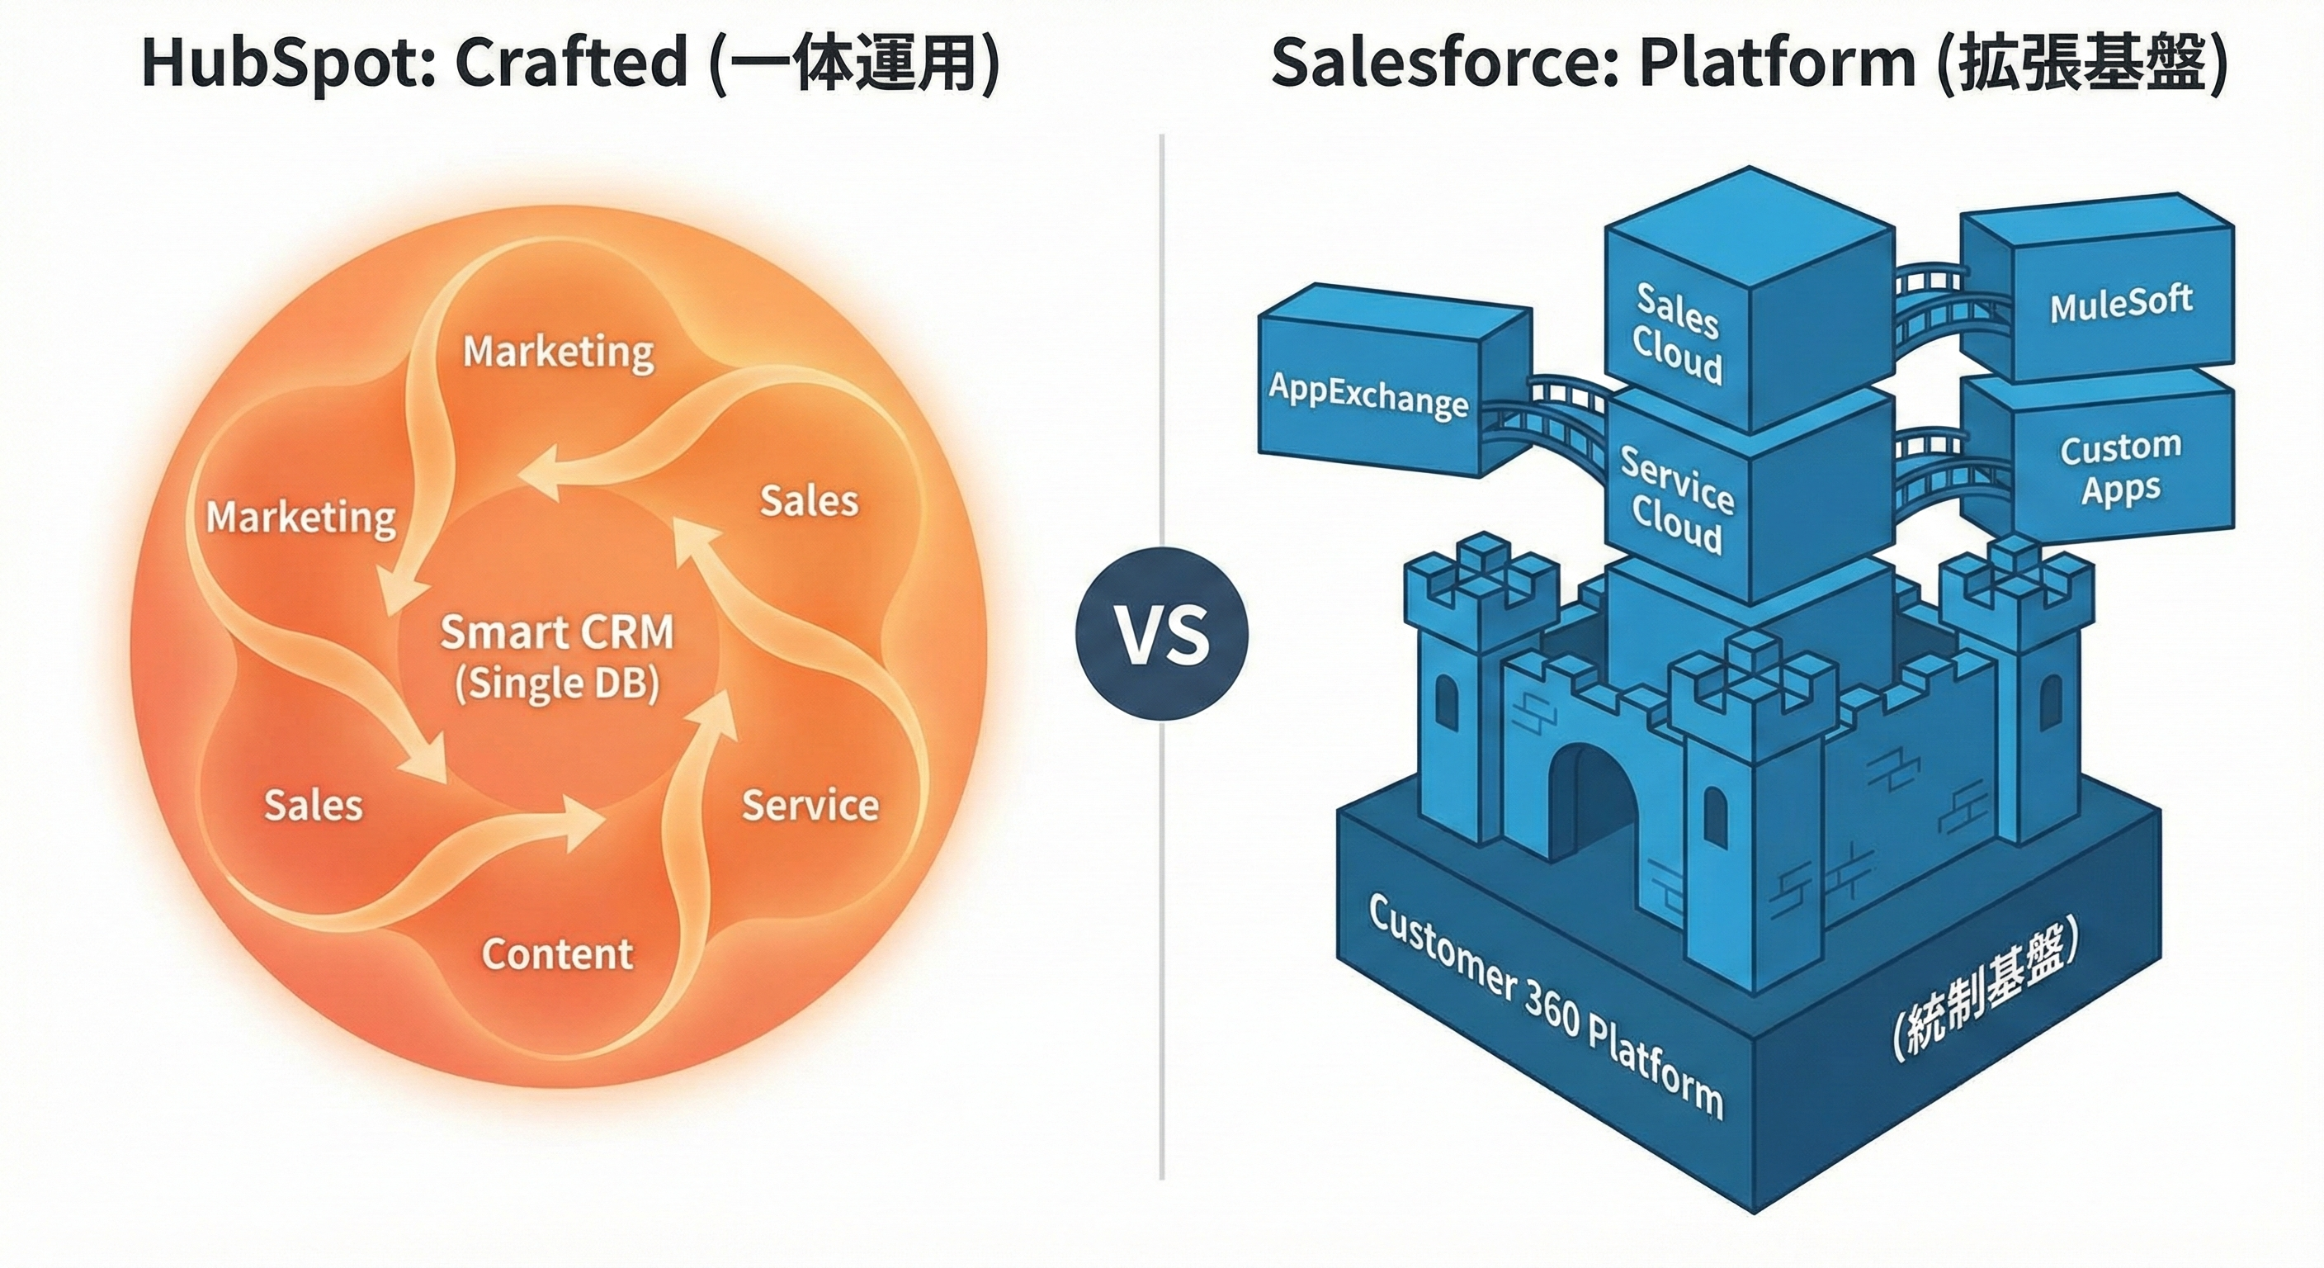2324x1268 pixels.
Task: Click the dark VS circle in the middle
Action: click(x=1162, y=633)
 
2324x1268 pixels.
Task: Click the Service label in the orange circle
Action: click(x=810, y=805)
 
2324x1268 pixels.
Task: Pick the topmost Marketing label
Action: click(x=559, y=351)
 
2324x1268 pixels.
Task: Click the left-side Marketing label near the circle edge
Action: click(x=300, y=517)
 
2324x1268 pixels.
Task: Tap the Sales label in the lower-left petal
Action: click(x=313, y=805)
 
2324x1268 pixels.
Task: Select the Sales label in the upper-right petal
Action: click(x=808, y=501)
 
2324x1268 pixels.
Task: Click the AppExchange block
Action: click(x=1367, y=395)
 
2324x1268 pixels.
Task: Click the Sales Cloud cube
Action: click(x=1678, y=334)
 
